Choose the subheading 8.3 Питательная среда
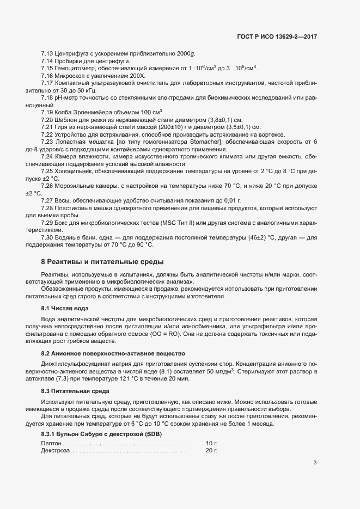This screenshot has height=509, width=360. tap(69, 391)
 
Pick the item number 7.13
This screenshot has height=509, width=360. tap(47, 53)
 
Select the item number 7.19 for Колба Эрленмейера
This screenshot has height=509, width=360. tap(47, 112)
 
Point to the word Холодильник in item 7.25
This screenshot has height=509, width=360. tap(73, 171)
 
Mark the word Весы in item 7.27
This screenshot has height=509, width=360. tap(62, 201)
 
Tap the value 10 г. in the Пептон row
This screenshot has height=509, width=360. tap(211, 444)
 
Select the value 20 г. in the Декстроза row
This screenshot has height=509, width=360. tap(211, 451)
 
